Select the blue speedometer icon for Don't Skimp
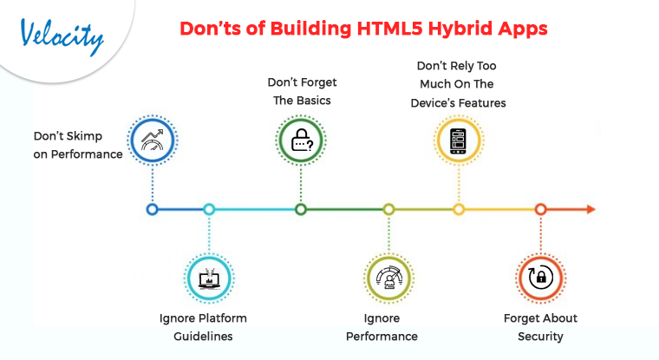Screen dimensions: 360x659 tap(153, 141)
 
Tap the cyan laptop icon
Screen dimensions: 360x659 tap(209, 278)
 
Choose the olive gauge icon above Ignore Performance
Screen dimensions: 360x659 tap(388, 278)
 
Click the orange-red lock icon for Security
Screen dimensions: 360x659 tap(540, 278)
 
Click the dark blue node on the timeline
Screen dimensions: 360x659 tap(153, 209)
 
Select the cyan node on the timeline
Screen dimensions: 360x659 tap(209, 209)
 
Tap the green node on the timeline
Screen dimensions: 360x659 tap(301, 209)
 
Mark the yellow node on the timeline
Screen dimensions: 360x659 tap(459, 209)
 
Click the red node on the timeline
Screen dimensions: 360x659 tap(540, 209)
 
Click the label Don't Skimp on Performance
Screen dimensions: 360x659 tap(76, 145)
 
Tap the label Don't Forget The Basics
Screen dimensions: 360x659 tap(301, 91)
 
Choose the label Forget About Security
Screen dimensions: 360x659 tap(540, 327)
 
